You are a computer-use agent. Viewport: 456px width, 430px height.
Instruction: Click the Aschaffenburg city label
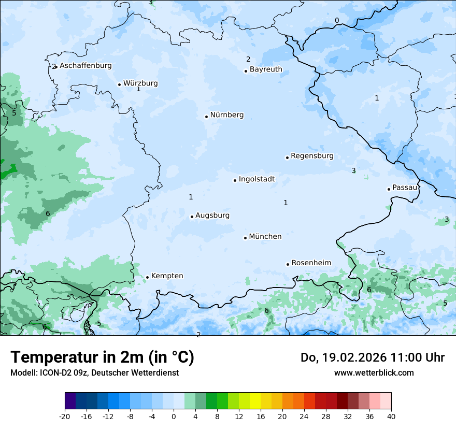85,66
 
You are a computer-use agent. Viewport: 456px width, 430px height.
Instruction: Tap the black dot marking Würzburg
119,84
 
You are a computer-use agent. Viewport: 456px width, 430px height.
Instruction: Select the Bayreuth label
266,69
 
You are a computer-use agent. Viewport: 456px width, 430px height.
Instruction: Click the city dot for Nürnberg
206,117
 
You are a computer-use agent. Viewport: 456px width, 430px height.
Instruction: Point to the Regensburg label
312,156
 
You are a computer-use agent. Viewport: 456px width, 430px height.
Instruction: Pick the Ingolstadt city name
256,179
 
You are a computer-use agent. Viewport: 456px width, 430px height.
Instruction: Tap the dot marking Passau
389,189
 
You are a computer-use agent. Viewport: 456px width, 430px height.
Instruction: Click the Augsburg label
212,216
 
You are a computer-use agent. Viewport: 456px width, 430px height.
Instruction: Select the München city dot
245,238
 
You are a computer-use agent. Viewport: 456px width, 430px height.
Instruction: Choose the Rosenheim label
311,263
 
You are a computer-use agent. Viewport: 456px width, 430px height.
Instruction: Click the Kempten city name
167,276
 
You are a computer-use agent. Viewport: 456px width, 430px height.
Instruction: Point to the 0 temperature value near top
337,21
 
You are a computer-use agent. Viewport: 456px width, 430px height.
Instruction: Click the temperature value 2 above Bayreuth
248,60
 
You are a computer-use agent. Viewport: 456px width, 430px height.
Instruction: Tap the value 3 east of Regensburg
353,171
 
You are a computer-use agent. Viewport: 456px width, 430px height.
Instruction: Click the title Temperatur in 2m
102,357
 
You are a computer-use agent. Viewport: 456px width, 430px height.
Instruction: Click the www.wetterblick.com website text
374,372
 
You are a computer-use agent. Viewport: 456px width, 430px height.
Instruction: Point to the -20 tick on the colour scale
65,416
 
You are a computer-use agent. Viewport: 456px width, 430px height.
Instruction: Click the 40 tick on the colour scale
391,416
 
